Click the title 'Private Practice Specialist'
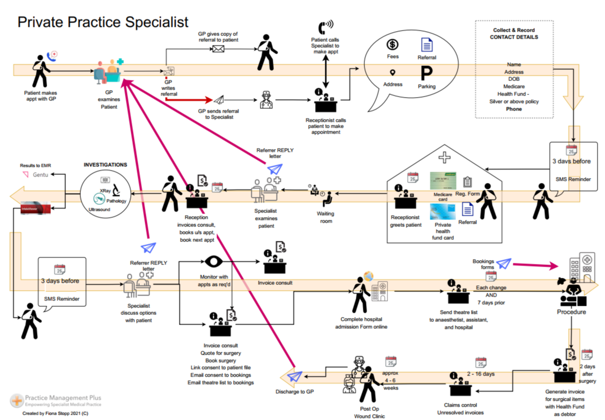103,21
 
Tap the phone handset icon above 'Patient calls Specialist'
325,27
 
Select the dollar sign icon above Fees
392,45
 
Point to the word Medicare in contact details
514,86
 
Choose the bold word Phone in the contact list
514,109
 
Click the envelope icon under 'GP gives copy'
218,49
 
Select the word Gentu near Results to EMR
40,175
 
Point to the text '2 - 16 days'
481,373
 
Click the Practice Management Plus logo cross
17,400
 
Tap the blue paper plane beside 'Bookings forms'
503,263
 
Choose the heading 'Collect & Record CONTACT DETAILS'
514,34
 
